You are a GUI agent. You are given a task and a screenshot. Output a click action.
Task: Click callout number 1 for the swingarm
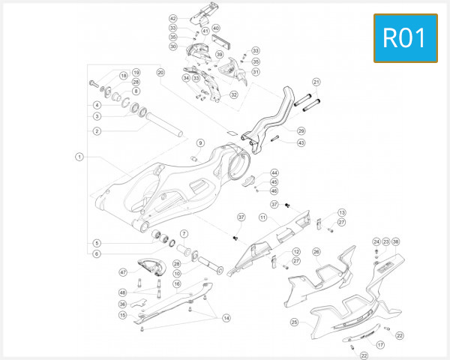79,157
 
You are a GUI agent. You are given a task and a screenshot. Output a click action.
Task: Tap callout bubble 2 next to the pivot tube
97,130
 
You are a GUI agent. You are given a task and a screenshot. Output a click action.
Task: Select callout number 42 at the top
172,18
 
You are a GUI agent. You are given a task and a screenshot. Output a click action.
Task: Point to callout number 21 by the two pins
316,82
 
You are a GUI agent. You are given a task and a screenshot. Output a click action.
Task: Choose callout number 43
301,142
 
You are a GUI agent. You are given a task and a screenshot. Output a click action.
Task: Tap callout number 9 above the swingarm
200,142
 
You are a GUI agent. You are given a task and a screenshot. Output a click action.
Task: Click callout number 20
160,73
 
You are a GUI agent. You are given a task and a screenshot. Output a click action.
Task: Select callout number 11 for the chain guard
263,217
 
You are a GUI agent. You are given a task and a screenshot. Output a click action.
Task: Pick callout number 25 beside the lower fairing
294,322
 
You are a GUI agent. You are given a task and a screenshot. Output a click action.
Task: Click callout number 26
316,252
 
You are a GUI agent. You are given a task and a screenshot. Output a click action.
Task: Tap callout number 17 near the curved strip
380,345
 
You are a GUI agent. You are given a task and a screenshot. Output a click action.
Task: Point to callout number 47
123,271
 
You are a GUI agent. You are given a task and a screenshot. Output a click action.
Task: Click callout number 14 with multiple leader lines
226,318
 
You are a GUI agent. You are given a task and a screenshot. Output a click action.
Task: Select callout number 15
123,315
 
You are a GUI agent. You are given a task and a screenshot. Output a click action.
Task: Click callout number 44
274,172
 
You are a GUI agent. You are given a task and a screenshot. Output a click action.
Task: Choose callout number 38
396,241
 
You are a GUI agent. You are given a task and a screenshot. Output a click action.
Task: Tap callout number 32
234,95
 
